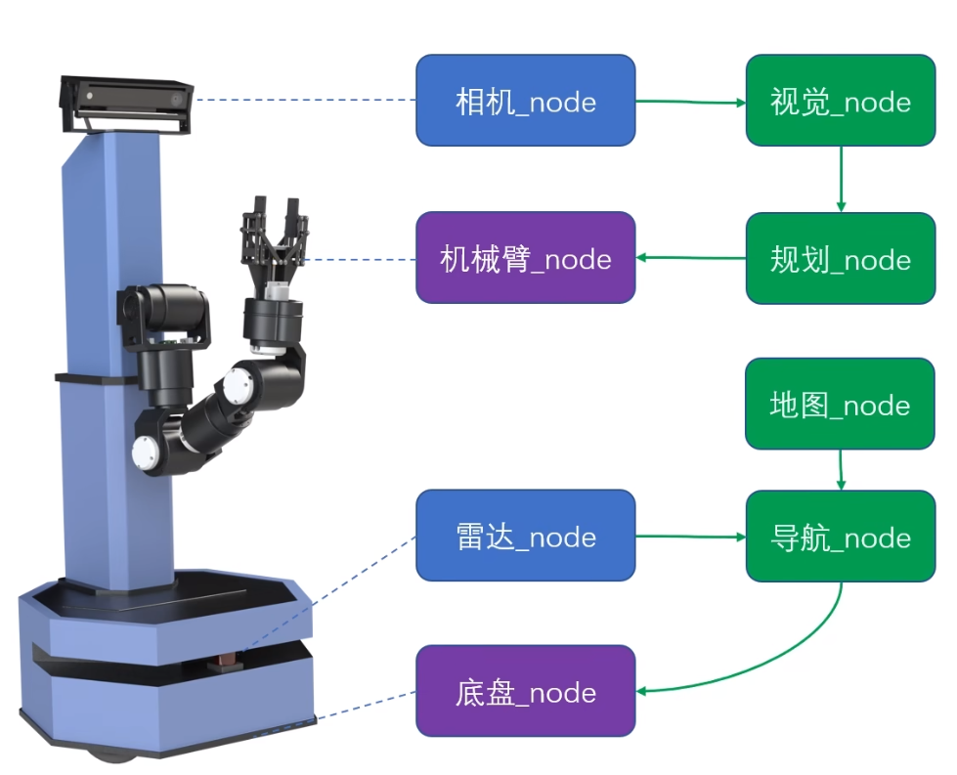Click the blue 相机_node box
[x=526, y=101]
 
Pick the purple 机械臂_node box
[x=526, y=258]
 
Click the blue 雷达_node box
[x=526, y=536]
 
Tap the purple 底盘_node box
[x=526, y=691]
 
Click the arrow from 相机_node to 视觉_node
[x=690, y=101]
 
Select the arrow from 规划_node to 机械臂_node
[x=690, y=258]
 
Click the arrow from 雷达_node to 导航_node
[x=690, y=536]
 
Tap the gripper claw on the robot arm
[x=277, y=239]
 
